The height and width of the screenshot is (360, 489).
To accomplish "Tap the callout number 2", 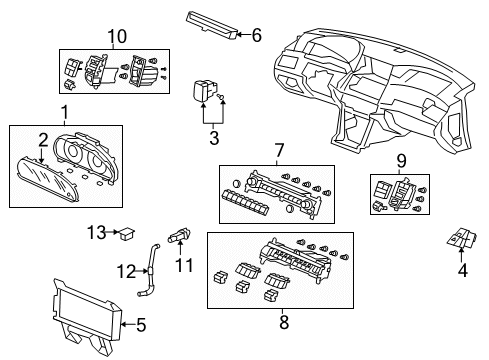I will (x=43, y=139).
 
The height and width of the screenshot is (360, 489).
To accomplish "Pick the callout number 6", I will (x=256, y=35).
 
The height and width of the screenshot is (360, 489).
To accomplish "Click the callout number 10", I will (x=117, y=37).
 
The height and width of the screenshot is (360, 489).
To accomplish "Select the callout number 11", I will (x=183, y=265).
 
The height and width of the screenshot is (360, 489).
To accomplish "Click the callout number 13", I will (x=96, y=232).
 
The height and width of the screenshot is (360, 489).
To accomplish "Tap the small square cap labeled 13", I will (x=125, y=235).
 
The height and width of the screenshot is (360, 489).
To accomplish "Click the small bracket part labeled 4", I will (x=459, y=240).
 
